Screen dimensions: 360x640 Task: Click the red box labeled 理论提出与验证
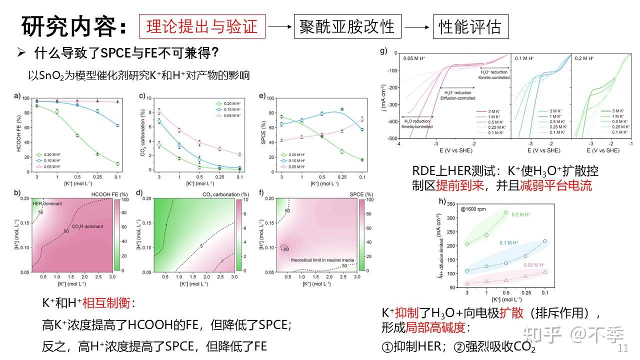click(202, 26)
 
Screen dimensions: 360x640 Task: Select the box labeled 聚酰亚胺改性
click(347, 26)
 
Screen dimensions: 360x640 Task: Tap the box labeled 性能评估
click(470, 26)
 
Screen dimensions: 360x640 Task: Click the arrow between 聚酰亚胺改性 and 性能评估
click(417, 26)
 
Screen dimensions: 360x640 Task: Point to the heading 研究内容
click(74, 26)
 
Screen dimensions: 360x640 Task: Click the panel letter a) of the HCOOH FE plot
click(17, 96)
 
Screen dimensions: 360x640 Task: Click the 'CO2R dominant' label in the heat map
click(87, 226)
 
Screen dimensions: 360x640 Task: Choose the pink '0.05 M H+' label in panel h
click(534, 265)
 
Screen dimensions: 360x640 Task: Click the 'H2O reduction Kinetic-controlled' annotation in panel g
click(417, 123)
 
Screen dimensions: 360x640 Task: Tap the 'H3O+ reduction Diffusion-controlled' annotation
click(457, 95)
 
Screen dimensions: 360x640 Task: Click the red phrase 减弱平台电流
click(561, 186)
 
